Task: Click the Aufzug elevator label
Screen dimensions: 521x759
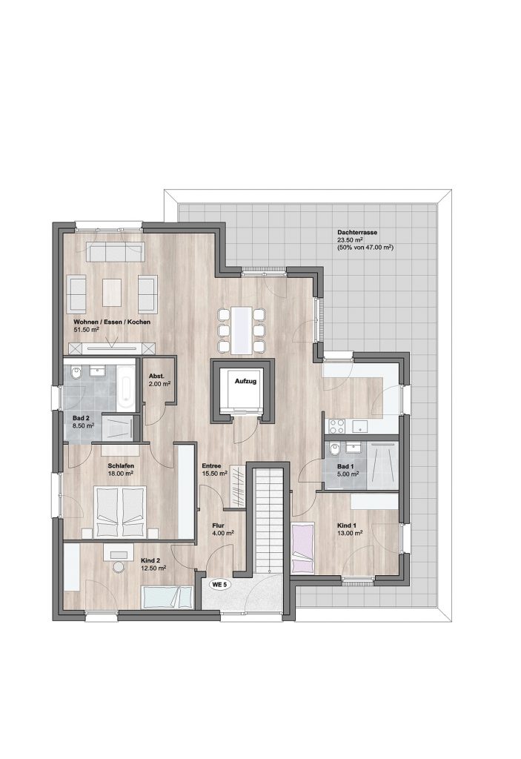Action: pyautogui.click(x=245, y=382)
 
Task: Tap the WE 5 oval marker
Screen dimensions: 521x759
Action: pyautogui.click(x=219, y=584)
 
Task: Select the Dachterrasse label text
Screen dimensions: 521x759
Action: pyautogui.click(x=357, y=232)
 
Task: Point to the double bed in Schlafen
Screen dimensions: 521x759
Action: pyautogui.click(x=121, y=511)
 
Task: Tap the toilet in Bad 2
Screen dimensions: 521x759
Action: pyautogui.click(x=76, y=373)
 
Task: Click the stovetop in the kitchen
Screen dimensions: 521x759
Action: pyautogui.click(x=337, y=426)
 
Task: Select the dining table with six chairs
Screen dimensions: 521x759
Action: pyautogui.click(x=241, y=329)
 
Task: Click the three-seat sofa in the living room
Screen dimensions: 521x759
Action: pyautogui.click(x=115, y=253)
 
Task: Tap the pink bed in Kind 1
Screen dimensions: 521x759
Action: pyautogui.click(x=303, y=548)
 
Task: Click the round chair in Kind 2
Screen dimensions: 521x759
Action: pyautogui.click(x=118, y=567)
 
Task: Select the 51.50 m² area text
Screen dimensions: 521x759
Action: pyautogui.click(x=87, y=329)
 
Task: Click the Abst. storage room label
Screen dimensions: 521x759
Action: pyautogui.click(x=156, y=376)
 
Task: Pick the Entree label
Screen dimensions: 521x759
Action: pyautogui.click(x=212, y=465)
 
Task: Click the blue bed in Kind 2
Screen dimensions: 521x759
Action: pyautogui.click(x=167, y=597)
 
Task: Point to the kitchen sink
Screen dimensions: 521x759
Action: pyautogui.click(x=359, y=426)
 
